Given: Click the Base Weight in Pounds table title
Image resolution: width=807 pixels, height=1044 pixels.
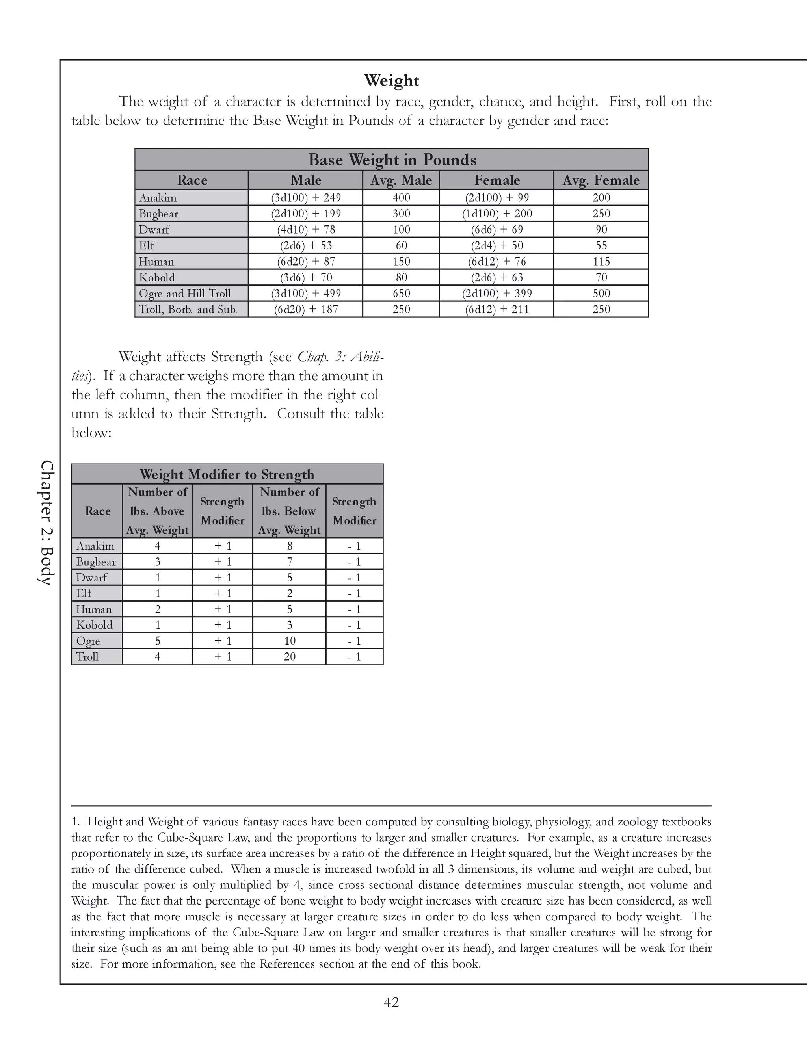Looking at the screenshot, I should (x=392, y=160).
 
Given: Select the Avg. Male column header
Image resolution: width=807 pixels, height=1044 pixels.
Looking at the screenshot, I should (x=401, y=180).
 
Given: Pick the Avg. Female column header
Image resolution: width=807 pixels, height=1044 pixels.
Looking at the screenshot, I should (x=601, y=180).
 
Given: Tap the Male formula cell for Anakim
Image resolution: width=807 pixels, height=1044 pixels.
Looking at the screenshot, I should (x=305, y=198).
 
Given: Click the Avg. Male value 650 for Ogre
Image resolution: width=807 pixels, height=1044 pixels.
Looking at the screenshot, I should (x=401, y=294).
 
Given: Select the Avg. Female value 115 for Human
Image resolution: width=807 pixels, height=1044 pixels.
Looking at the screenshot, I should (x=601, y=262).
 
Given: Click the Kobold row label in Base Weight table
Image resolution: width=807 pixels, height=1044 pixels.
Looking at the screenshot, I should (x=157, y=278).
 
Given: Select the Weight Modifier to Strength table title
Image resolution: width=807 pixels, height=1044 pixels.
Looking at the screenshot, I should (x=227, y=475).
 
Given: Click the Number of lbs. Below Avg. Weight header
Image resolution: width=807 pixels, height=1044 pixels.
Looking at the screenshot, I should (x=289, y=511).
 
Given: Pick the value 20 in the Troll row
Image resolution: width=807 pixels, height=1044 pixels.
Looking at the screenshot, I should (x=289, y=657).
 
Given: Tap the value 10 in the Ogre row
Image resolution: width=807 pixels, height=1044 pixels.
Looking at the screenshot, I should (x=289, y=641).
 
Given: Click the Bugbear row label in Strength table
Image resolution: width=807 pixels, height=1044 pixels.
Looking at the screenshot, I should (x=96, y=562).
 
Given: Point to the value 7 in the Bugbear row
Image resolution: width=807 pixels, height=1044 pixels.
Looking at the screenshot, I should (x=289, y=562).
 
